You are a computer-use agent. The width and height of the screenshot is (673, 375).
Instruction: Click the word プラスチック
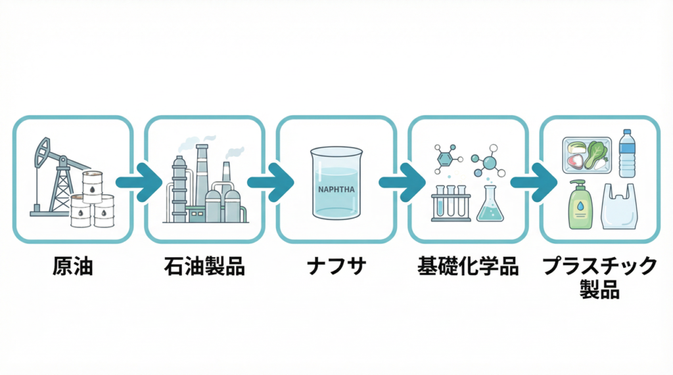click(x=599, y=266)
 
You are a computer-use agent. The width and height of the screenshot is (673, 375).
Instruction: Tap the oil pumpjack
click(x=56, y=174)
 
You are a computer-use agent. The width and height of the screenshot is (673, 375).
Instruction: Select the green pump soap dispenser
click(x=580, y=206)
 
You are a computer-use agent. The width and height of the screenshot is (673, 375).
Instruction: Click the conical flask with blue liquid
click(x=490, y=205)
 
